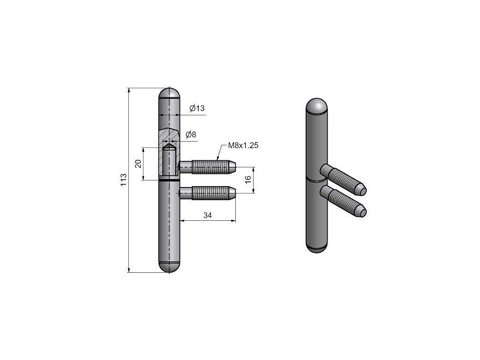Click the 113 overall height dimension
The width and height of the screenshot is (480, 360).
coord(123,180)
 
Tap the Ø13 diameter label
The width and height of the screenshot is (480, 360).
coord(197,108)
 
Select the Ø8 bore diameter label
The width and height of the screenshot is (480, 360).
coord(191,135)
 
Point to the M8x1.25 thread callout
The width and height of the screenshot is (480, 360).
coord(243,145)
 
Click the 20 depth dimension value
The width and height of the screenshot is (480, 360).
coord(138,164)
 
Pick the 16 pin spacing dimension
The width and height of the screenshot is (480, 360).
coord(248,180)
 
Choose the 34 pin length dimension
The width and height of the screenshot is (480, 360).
coord(208,216)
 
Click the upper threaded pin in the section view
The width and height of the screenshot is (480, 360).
coord(208,167)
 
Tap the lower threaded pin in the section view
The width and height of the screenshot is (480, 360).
coord(208,193)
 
